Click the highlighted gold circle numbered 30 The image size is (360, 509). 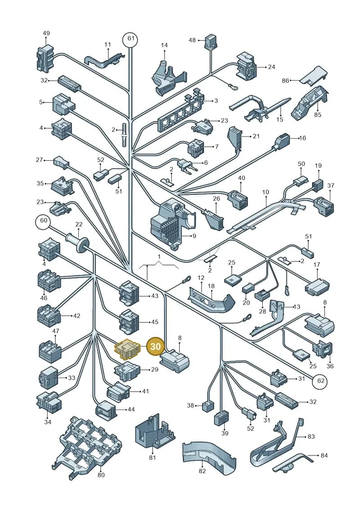tap(156, 347)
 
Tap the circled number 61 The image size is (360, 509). tap(130, 39)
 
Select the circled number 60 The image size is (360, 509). tap(43, 221)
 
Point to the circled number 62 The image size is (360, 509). tap(321, 380)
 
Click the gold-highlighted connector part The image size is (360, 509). tap(127, 349)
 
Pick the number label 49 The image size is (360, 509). tap(46, 33)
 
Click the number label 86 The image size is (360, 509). tap(285, 81)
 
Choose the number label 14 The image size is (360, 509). tap(164, 45)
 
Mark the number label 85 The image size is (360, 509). tap(318, 115)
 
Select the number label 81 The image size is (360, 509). tap(153, 458)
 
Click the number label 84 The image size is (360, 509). tap(324, 455)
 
